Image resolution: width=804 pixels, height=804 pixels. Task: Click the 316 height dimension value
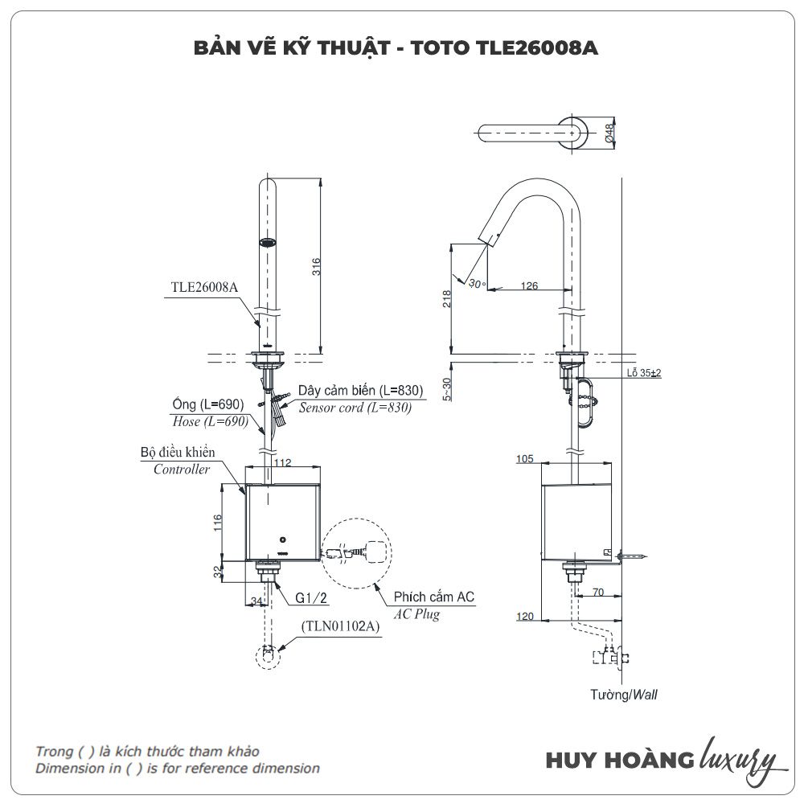(x=316, y=266)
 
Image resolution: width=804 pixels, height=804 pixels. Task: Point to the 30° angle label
(x=478, y=284)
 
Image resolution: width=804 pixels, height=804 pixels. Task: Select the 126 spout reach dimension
(x=528, y=285)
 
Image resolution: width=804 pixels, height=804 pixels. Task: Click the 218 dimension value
(x=447, y=298)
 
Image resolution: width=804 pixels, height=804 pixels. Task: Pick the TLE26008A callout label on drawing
(x=204, y=286)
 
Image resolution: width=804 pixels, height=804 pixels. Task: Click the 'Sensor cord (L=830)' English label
(x=355, y=408)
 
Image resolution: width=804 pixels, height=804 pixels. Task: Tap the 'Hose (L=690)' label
(x=197, y=421)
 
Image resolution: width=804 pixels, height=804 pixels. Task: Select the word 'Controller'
(x=182, y=470)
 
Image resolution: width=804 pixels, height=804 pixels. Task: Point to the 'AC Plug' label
(x=416, y=615)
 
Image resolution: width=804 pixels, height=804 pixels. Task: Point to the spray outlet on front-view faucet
(x=269, y=241)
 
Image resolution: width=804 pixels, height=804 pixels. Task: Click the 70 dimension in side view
(x=597, y=593)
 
